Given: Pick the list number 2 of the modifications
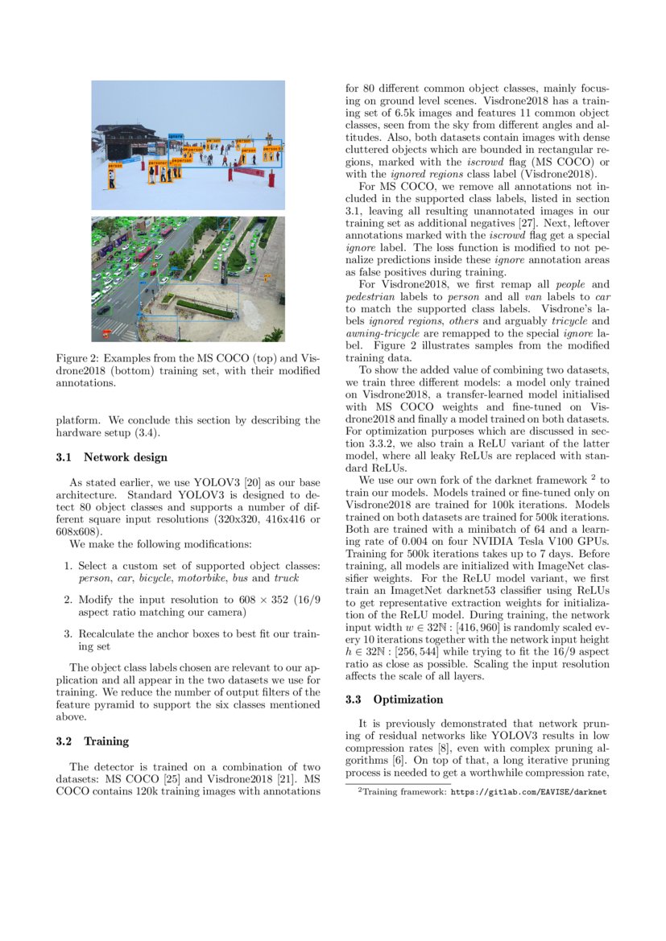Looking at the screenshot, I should click(68, 600).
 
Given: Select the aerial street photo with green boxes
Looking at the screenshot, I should click(188, 279).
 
